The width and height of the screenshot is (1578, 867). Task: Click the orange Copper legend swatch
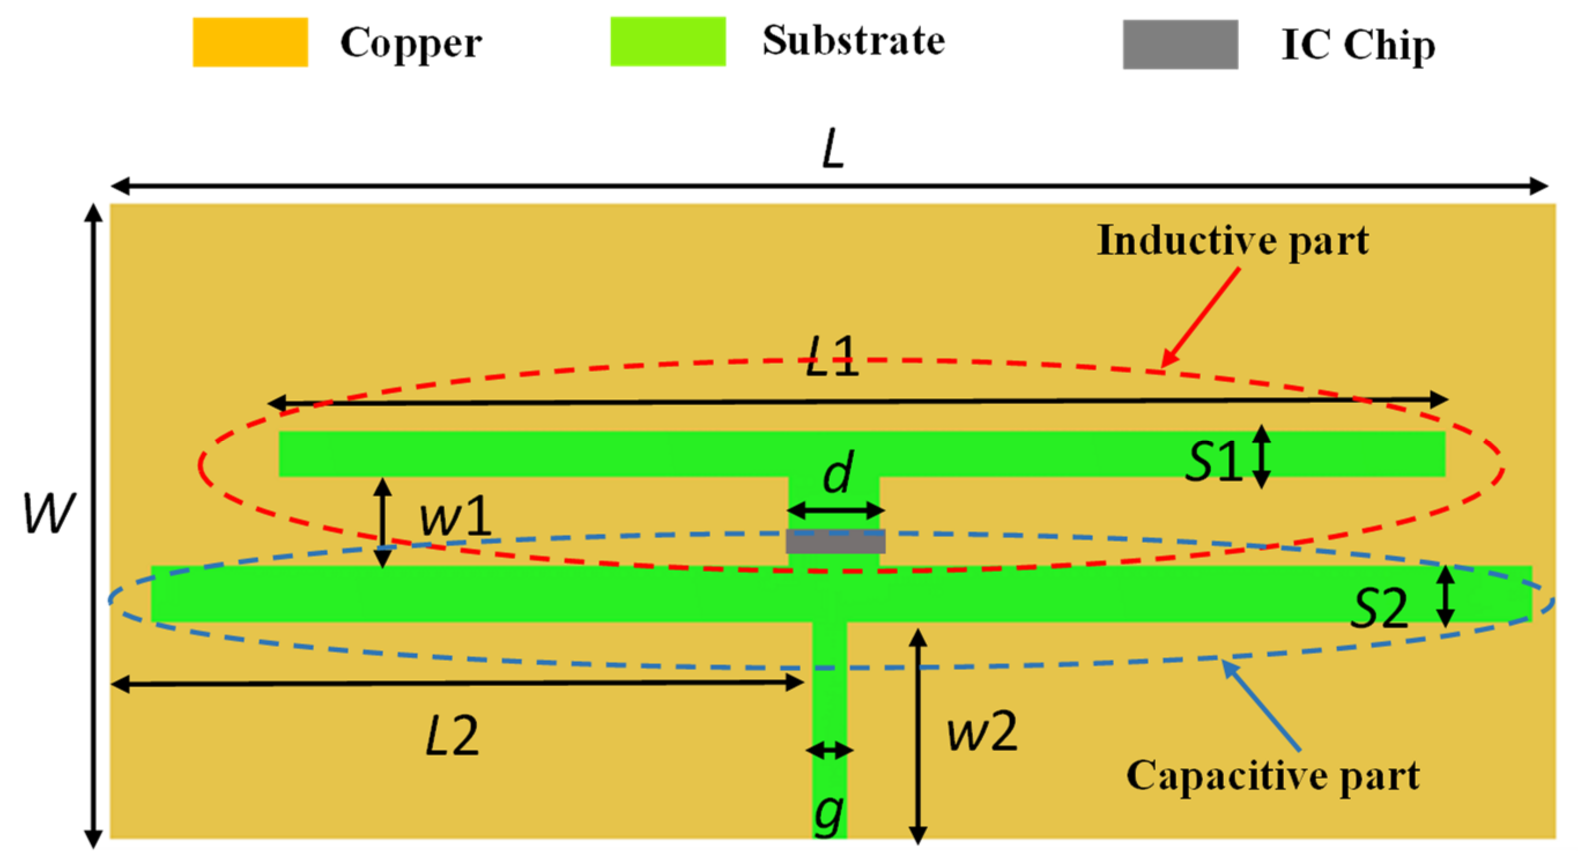point(250,42)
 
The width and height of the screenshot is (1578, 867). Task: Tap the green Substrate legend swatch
point(668,41)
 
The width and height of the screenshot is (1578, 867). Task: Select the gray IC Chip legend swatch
point(1180,44)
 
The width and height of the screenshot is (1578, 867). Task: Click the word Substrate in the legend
point(853,41)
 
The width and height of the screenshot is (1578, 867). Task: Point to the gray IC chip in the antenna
point(836,541)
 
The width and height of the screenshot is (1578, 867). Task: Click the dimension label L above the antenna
point(833,150)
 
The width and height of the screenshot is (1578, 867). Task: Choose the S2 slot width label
point(1380,610)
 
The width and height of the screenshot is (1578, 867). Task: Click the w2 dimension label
point(983,732)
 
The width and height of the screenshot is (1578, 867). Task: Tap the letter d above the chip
point(838,472)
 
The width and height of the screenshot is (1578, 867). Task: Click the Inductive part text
point(1232,240)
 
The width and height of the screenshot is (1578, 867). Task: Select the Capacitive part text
point(1273,776)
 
